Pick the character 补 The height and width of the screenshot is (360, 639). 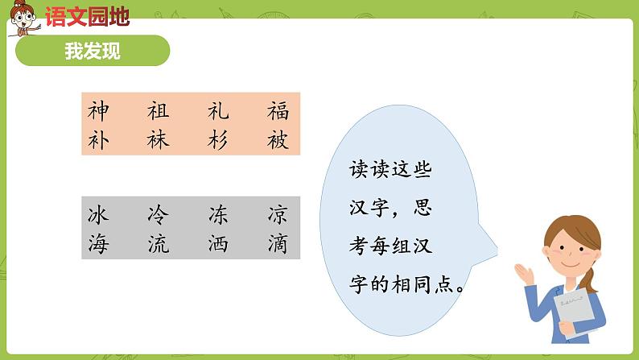pyautogui.click(x=98, y=139)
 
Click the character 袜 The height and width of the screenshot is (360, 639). pyautogui.click(x=159, y=139)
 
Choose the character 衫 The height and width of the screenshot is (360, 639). pyautogui.click(x=218, y=139)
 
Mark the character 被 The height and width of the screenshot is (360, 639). pyautogui.click(x=278, y=139)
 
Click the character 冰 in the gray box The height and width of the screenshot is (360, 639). pyautogui.click(x=98, y=214)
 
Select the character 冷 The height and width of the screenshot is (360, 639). pyautogui.click(x=159, y=214)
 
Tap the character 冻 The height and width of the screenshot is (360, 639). pyautogui.click(x=218, y=214)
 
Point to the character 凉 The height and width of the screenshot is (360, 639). pyautogui.click(x=278, y=214)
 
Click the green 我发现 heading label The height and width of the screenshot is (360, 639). pyautogui.click(x=93, y=51)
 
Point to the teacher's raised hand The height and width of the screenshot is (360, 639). pyautogui.click(x=526, y=274)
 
